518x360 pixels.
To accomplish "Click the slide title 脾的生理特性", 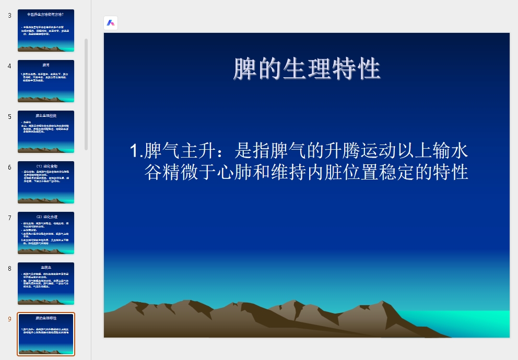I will pyautogui.click(x=307, y=69).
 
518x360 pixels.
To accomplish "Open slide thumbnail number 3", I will pyautogui.click(x=46, y=30).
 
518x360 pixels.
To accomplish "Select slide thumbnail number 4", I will pyautogui.click(x=46, y=81).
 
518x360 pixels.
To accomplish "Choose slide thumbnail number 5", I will pyautogui.click(x=46, y=131).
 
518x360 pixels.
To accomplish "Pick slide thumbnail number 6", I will pyautogui.click(x=46, y=182).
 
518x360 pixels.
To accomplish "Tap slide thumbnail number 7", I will pyautogui.click(x=46, y=233).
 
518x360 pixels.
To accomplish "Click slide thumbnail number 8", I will pyautogui.click(x=46, y=283).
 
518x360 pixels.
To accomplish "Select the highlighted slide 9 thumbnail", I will pyautogui.click(x=46, y=334).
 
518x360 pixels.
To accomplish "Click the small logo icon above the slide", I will pyautogui.click(x=111, y=23).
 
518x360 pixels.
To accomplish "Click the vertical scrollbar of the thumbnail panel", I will pyautogui.click(x=86, y=94).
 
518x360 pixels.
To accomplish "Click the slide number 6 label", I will pyautogui.click(x=9, y=167).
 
